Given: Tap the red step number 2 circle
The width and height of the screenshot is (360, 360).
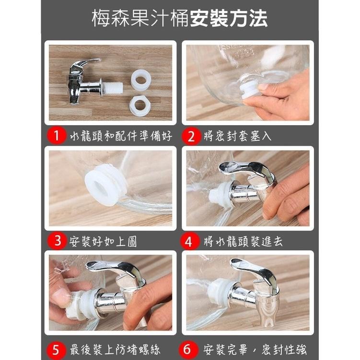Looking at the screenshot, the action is (191, 136).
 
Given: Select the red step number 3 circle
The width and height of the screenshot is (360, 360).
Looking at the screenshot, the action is (58, 241).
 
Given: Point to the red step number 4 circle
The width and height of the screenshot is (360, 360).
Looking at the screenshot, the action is (189, 241).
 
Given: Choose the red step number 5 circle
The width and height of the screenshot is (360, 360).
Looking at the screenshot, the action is (56, 350).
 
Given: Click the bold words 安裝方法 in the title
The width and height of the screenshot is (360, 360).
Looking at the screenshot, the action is (229, 18).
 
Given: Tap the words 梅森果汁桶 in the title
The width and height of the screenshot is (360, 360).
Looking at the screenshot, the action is (140, 18).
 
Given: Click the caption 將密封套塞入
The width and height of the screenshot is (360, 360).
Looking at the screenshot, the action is (238, 136).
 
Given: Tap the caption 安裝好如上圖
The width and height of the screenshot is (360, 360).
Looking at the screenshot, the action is (103, 241).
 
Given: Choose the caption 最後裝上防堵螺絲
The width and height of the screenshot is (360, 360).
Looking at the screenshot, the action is (115, 350).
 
